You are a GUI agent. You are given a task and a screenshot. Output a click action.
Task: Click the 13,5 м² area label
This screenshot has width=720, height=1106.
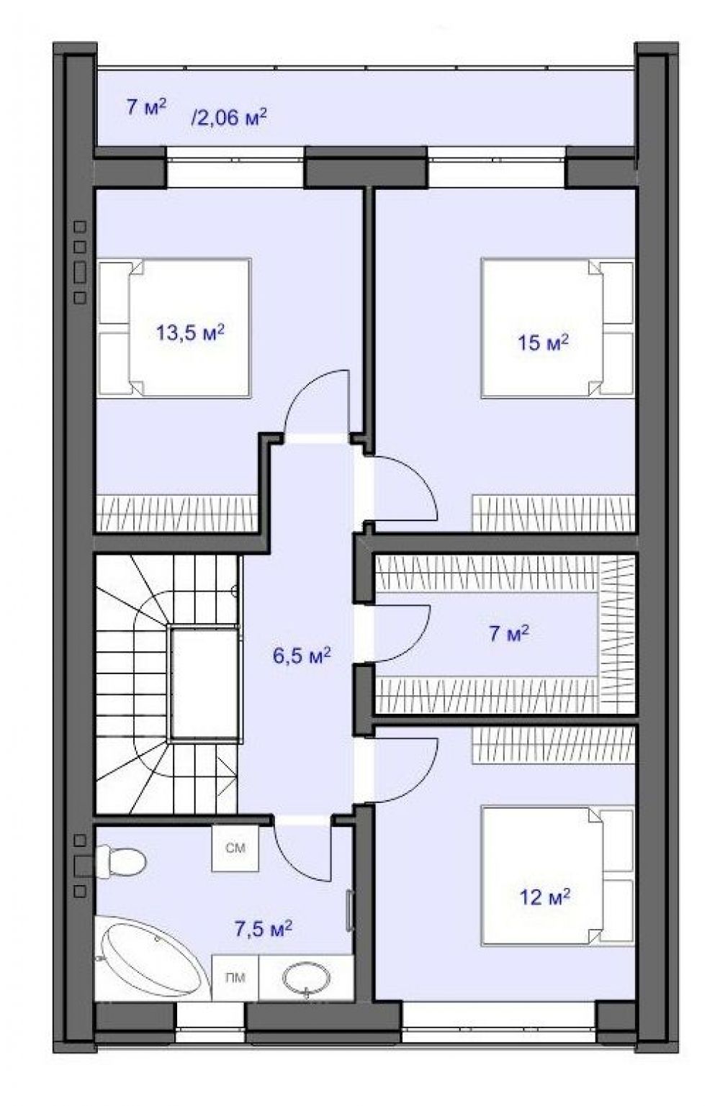(190, 332)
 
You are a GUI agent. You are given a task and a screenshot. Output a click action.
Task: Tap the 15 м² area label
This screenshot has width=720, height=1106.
(543, 343)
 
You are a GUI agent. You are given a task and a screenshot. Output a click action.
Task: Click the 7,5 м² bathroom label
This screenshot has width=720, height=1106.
(263, 929)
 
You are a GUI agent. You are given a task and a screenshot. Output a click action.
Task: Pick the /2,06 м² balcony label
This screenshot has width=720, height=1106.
(229, 117)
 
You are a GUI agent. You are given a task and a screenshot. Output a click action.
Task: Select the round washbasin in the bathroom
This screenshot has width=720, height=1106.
(307, 976)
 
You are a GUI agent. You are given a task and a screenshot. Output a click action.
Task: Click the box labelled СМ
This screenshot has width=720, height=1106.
(235, 848)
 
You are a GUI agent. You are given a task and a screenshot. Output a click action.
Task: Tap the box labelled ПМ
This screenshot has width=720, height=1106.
(235, 977)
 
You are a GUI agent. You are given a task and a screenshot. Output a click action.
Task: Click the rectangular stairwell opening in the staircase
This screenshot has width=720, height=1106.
(204, 684)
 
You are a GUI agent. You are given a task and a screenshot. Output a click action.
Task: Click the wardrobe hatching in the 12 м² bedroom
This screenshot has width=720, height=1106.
(552, 745)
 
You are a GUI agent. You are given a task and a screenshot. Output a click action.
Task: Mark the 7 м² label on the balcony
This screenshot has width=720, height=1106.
(146, 106)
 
